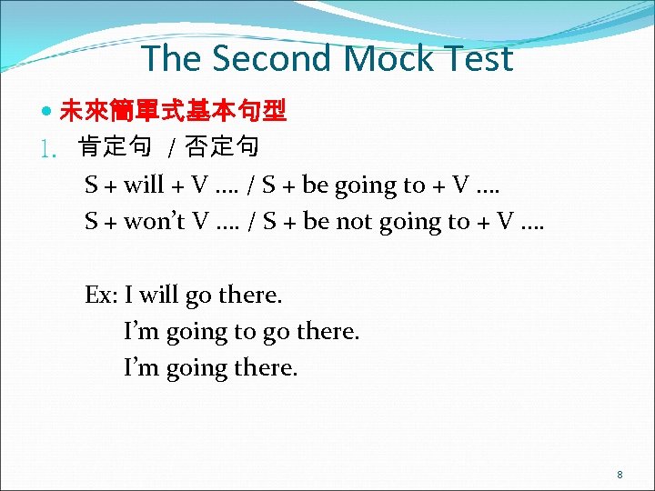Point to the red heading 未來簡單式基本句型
[x=173, y=112]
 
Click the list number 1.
[x=51, y=146]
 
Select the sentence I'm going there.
[x=210, y=368]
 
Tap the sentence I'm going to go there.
[x=241, y=332]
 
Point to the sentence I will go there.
[x=204, y=296]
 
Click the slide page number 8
[x=620, y=475]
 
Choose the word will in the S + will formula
[x=144, y=185]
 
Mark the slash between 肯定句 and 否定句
[x=173, y=146]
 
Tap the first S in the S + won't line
[x=91, y=222]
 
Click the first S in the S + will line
[x=91, y=185]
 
